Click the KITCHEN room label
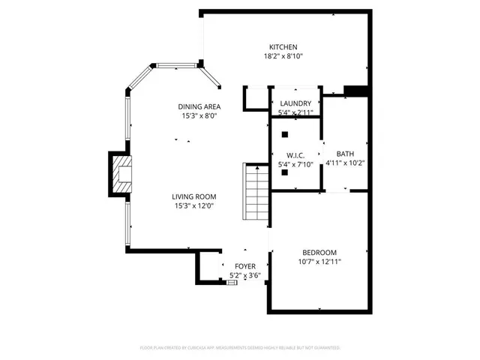(284, 46)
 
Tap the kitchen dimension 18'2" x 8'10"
(283, 56)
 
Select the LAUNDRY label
(295, 103)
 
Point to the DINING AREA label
(199, 106)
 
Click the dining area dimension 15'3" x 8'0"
(199, 116)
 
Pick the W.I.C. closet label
(295, 154)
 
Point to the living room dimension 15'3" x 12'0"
(195, 206)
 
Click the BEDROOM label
(319, 252)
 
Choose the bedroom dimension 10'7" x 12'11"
(319, 262)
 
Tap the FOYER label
(245, 266)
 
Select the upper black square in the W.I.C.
(286, 135)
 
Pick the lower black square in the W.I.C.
(286, 172)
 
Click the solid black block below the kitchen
(355, 92)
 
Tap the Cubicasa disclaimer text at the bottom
(240, 348)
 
